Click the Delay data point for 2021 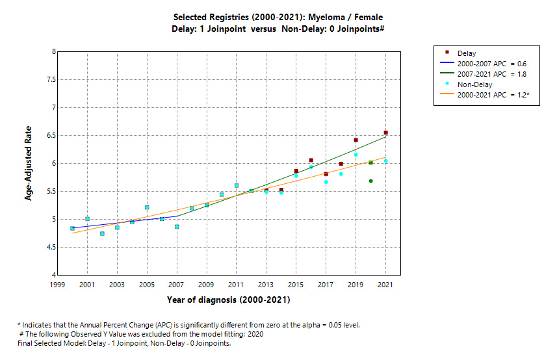point(386,133)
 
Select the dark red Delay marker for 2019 point(356,140)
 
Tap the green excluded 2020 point point(371,181)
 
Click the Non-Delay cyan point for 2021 point(386,161)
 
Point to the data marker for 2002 point(102,233)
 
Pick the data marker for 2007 point(177,227)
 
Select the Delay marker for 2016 point(311,160)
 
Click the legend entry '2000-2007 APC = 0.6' point(492,64)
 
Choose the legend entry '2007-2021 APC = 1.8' point(492,74)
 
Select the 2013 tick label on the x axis point(266,285)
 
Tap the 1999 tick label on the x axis point(57,285)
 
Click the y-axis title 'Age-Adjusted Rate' point(28,163)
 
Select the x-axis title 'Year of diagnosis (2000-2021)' point(228,300)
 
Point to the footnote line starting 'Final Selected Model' point(124,343)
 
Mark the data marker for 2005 point(147,207)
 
